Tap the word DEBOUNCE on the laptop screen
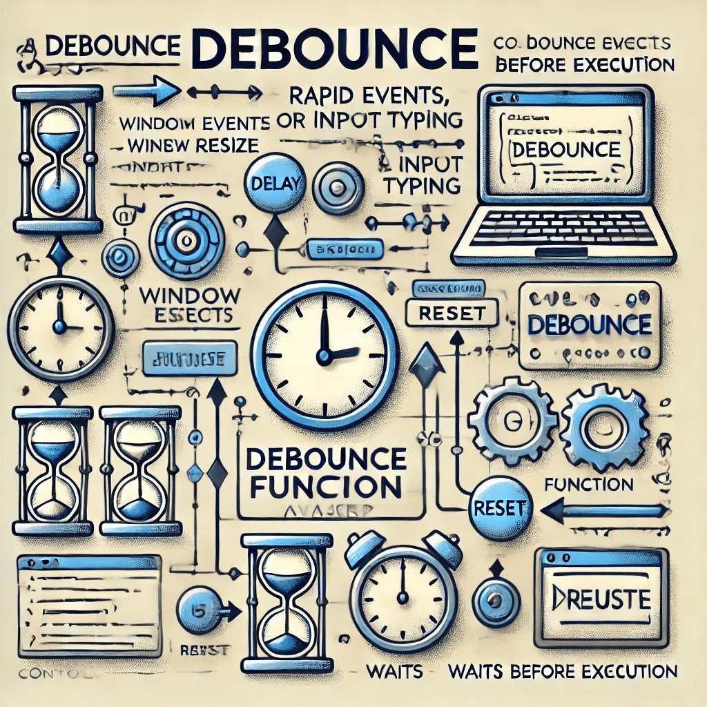coord(564,148)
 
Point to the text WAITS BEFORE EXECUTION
coord(562,671)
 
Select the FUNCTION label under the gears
coord(589,485)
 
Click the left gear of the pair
coord(512,420)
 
